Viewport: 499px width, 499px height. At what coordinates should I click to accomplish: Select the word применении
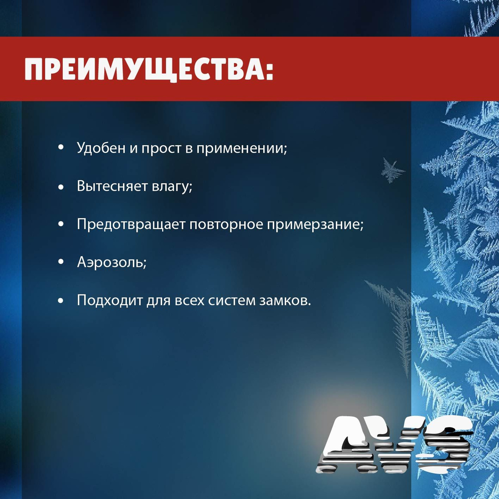241,148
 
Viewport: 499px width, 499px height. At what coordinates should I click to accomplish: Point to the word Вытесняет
112,186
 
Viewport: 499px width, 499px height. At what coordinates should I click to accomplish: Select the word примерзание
314,225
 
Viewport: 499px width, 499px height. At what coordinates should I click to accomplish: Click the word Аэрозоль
110,262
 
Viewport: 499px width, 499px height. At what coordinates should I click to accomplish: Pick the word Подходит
109,300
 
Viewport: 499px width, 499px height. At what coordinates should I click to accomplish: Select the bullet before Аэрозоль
61,262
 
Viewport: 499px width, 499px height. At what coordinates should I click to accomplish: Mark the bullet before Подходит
61,300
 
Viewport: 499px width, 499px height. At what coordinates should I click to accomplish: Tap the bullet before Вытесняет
61,187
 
